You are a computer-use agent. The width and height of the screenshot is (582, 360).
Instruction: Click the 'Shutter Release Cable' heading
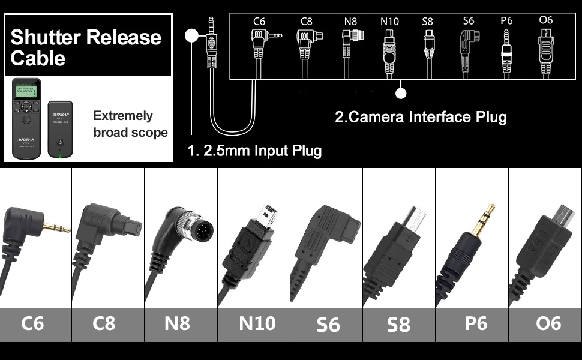click(x=86, y=47)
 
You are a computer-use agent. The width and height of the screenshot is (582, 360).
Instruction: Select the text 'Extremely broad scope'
click(x=130, y=124)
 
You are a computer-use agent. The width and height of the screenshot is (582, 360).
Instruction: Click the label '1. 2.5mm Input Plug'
click(x=255, y=150)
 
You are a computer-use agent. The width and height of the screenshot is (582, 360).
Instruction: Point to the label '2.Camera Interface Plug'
click(x=421, y=116)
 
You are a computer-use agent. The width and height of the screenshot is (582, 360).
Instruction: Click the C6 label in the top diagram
click(x=259, y=22)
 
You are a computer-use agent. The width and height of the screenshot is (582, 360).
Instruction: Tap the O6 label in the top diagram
click(x=545, y=20)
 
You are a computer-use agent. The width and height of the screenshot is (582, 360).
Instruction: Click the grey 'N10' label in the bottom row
click(x=257, y=323)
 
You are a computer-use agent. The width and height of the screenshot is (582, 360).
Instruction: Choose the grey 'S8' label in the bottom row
click(x=398, y=325)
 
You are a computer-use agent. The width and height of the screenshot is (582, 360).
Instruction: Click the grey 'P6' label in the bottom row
click(x=476, y=323)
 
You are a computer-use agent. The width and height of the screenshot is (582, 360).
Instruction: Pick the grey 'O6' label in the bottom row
click(x=548, y=323)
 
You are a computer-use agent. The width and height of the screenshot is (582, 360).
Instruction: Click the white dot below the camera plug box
click(x=401, y=93)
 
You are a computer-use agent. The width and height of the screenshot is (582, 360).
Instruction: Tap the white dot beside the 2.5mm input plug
click(x=191, y=35)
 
